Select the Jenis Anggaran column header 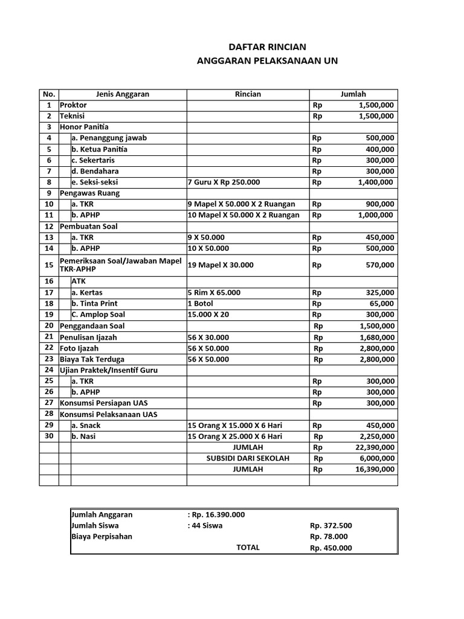coord(123,94)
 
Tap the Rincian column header coord(248,94)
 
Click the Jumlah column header coord(353,94)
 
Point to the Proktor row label coord(73,105)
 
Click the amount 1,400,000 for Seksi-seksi coord(375,182)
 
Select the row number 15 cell coord(49,265)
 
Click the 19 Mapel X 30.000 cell coord(221,265)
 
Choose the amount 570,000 coord(379,265)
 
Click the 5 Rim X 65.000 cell coord(214,293)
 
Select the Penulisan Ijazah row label coord(88,337)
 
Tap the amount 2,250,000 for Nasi coord(376,436)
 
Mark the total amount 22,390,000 coord(375,447)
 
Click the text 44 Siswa coord(207,525)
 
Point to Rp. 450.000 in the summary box coord(330,548)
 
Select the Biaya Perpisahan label coord(101,536)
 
